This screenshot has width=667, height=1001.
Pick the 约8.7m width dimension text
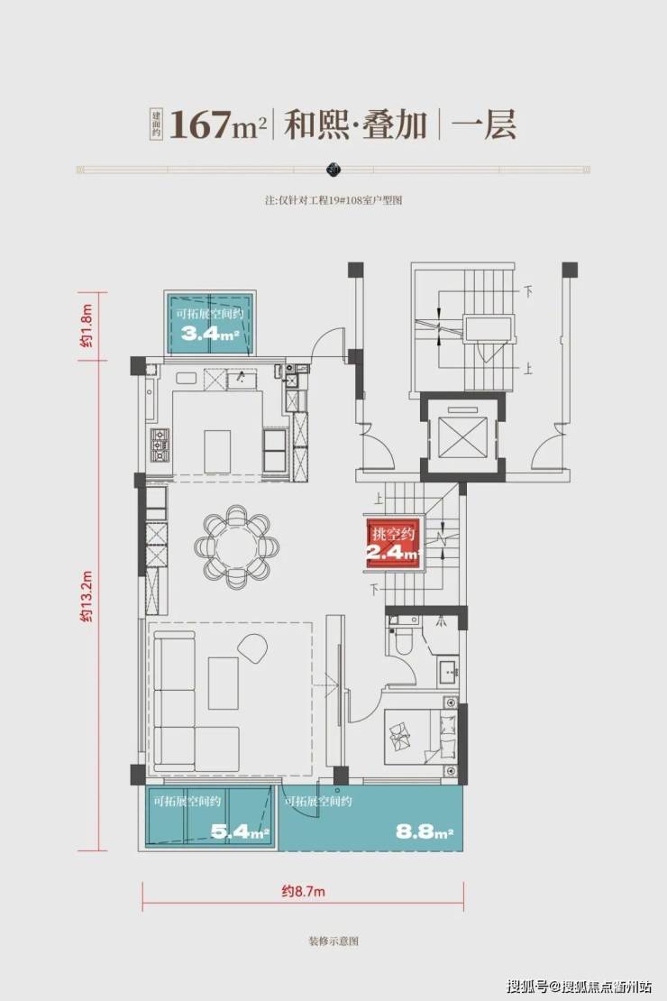[x=303, y=891]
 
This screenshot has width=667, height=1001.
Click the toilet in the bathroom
[x=405, y=639]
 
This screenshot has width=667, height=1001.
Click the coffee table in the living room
[x=223, y=683]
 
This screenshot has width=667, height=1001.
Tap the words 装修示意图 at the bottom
[x=333, y=941]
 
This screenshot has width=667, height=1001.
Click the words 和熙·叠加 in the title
[x=355, y=124]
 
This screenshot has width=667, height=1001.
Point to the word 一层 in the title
[x=484, y=124]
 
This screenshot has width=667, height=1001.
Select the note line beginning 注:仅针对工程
[x=333, y=200]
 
